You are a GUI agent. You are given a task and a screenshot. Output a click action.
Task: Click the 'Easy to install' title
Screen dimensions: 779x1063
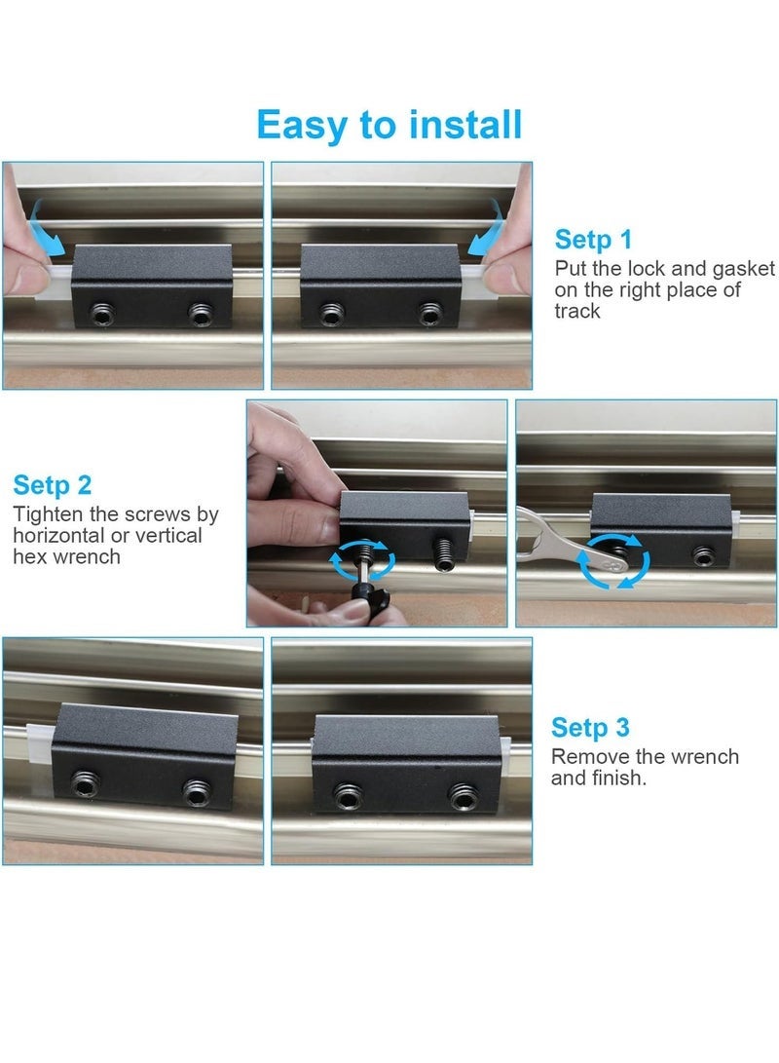pyautogui.click(x=389, y=125)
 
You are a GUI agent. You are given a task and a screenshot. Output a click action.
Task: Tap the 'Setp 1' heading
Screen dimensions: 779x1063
pyautogui.click(x=593, y=239)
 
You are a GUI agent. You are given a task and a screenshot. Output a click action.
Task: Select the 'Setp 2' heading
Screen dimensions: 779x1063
pyautogui.click(x=53, y=484)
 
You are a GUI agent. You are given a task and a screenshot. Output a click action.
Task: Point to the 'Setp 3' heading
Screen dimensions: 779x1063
pyautogui.click(x=590, y=727)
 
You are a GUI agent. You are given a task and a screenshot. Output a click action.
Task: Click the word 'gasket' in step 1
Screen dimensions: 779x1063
pyautogui.click(x=743, y=269)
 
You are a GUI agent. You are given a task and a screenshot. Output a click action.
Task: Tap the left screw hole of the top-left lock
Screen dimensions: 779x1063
pyautogui.click(x=103, y=315)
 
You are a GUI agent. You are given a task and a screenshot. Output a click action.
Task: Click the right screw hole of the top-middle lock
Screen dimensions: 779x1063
pyautogui.click(x=430, y=314)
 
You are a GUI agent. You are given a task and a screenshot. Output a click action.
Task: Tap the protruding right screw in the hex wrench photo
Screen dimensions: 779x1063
pyautogui.click(x=444, y=554)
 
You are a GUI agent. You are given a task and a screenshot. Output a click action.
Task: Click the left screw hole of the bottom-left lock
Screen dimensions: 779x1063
pyautogui.click(x=86, y=784)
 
